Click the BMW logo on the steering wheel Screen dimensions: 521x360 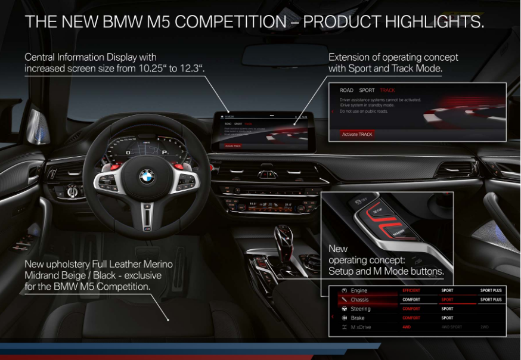(147, 176)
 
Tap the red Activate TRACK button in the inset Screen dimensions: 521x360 (357, 134)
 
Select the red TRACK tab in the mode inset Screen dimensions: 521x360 (387, 91)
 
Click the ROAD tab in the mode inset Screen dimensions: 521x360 (346, 91)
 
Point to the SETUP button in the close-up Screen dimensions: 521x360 (377, 211)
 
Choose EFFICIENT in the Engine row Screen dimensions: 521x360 (412, 290)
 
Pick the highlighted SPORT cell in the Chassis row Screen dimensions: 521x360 (448, 300)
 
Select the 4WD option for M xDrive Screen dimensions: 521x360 (407, 327)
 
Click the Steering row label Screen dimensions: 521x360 (361, 309)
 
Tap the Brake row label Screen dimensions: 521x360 (358, 318)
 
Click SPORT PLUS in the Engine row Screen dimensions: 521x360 (491, 290)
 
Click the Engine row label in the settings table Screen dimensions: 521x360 (359, 290)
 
